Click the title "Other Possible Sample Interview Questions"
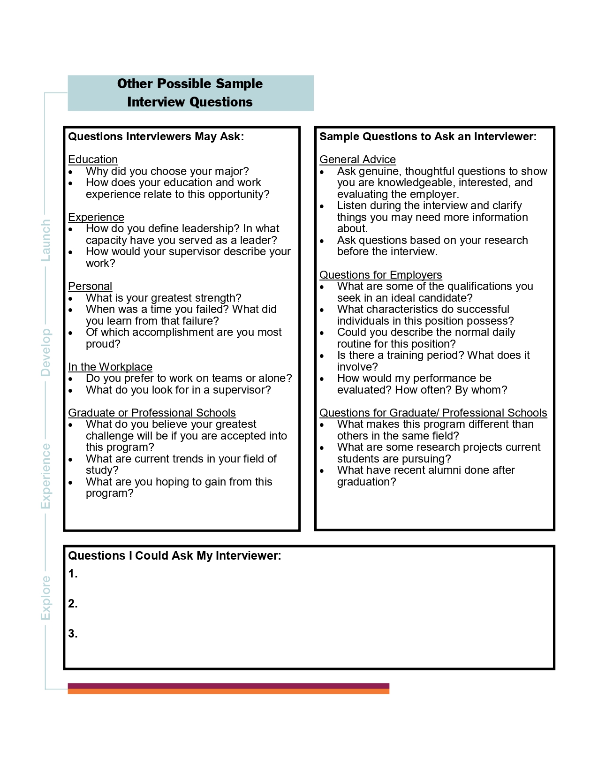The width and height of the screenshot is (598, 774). (190, 93)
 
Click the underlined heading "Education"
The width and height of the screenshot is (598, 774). (93, 159)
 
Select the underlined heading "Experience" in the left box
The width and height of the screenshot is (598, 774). (96, 217)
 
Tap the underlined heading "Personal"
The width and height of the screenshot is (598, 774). (90, 286)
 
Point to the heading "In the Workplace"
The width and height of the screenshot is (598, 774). (110, 367)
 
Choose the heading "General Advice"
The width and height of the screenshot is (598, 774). (357, 159)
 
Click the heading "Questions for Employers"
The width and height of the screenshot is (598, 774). (380, 275)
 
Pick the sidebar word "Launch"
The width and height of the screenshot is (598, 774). (45, 241)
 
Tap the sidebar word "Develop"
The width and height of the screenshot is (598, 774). (45, 352)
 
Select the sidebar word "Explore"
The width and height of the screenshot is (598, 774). (45, 598)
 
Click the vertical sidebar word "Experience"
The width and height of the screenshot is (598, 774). (45, 476)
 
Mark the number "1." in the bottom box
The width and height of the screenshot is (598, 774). (73, 574)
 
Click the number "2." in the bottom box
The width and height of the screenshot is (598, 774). (73, 604)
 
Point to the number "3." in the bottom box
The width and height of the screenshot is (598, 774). (73, 634)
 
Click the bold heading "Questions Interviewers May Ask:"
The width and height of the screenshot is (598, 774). (156, 137)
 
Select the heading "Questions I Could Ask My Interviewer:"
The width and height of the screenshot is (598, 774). (174, 556)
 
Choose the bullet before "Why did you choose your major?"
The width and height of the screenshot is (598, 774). (71, 172)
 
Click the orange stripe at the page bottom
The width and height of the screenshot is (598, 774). (228, 691)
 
